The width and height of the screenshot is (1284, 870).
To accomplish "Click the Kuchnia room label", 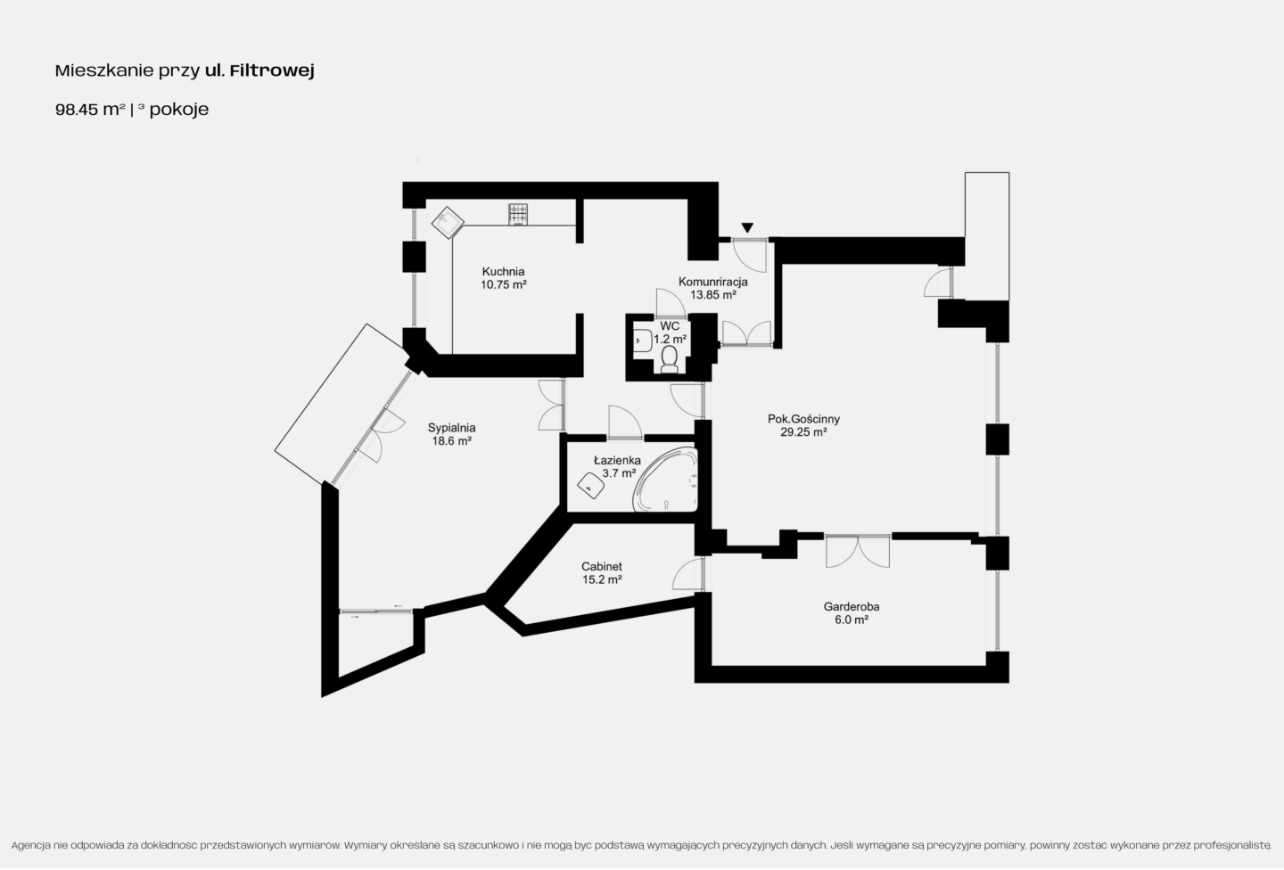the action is click(x=503, y=272).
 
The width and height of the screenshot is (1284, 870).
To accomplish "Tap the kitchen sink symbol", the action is click(x=448, y=222).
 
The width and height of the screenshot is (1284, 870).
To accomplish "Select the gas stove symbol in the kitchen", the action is click(x=518, y=214).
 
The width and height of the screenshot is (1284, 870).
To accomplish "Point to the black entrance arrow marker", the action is click(x=747, y=227).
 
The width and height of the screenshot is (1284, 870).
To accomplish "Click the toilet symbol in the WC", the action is click(x=669, y=359).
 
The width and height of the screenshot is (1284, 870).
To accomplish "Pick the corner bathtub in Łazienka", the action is click(x=665, y=480).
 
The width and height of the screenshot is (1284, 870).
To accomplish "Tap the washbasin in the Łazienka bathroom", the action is click(x=590, y=486).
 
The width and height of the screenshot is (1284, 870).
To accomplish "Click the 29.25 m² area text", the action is click(x=803, y=432).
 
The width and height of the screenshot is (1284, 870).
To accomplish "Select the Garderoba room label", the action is click(x=852, y=606).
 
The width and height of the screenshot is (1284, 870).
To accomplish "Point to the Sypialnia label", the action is click(x=452, y=428).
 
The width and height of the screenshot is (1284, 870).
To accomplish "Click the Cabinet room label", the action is click(x=601, y=566).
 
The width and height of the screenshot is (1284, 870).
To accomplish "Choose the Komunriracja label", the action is click(x=713, y=282).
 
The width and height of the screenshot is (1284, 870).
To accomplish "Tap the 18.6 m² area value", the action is click(x=452, y=440).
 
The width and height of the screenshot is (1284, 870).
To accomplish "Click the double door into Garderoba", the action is click(x=858, y=551).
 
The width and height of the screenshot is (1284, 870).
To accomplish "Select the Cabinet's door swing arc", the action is click(x=687, y=574).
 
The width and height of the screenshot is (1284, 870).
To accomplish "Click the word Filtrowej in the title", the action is click(x=272, y=70).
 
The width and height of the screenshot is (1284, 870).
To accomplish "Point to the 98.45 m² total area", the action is click(x=90, y=110).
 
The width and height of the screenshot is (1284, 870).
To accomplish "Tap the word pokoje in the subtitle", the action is click(x=179, y=110).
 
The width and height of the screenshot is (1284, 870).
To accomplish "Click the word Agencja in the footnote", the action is click(x=30, y=845).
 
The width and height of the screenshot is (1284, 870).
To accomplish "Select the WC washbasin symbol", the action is click(x=641, y=340).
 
